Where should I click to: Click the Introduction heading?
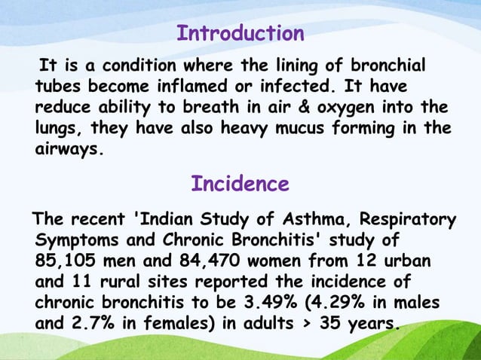pyautogui.click(x=240, y=34)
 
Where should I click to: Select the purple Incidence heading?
pyautogui.click(x=240, y=184)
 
